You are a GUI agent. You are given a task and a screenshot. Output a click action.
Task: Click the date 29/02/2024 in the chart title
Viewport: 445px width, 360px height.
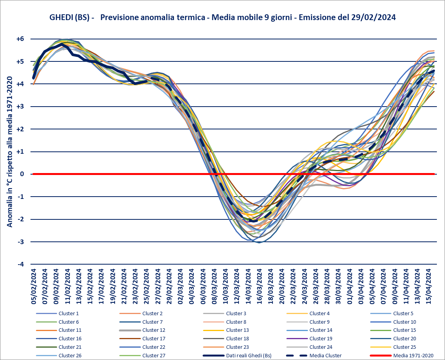point(374,17)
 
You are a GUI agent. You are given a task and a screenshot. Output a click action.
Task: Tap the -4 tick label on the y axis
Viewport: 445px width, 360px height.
point(20,265)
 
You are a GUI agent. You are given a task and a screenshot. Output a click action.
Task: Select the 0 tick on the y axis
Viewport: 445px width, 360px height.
point(22,174)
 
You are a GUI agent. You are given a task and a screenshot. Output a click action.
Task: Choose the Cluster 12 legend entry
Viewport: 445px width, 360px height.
point(154,330)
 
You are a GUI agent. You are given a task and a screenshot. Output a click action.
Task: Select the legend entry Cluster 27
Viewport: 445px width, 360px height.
point(154,355)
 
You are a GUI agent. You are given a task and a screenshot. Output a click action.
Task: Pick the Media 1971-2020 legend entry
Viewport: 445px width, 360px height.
point(413,355)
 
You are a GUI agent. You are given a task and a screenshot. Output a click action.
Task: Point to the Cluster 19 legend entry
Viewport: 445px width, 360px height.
point(321,338)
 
